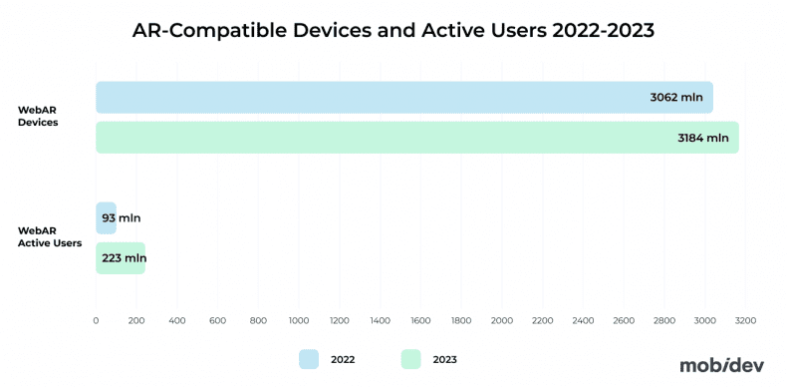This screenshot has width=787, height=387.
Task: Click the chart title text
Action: point(393,31)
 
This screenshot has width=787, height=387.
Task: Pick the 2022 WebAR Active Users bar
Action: point(106,217)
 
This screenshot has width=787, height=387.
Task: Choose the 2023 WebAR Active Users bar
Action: point(121,258)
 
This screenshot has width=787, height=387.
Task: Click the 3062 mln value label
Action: point(675,98)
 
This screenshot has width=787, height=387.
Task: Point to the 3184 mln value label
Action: point(702,138)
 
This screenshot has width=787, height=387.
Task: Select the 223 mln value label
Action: point(124,258)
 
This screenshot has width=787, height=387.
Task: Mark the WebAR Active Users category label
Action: point(49,237)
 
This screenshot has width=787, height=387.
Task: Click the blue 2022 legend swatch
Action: point(308,359)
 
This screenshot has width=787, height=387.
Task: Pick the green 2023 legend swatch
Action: point(410,359)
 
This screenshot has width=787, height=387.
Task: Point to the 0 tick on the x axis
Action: point(96,321)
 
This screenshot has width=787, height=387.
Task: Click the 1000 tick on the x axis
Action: point(299,321)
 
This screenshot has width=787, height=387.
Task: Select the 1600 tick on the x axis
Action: point(420,321)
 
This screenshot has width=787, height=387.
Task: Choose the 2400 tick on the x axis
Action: point(583,321)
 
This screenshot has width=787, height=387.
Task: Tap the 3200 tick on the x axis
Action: point(745,321)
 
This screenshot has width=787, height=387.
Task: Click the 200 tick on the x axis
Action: point(136,321)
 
